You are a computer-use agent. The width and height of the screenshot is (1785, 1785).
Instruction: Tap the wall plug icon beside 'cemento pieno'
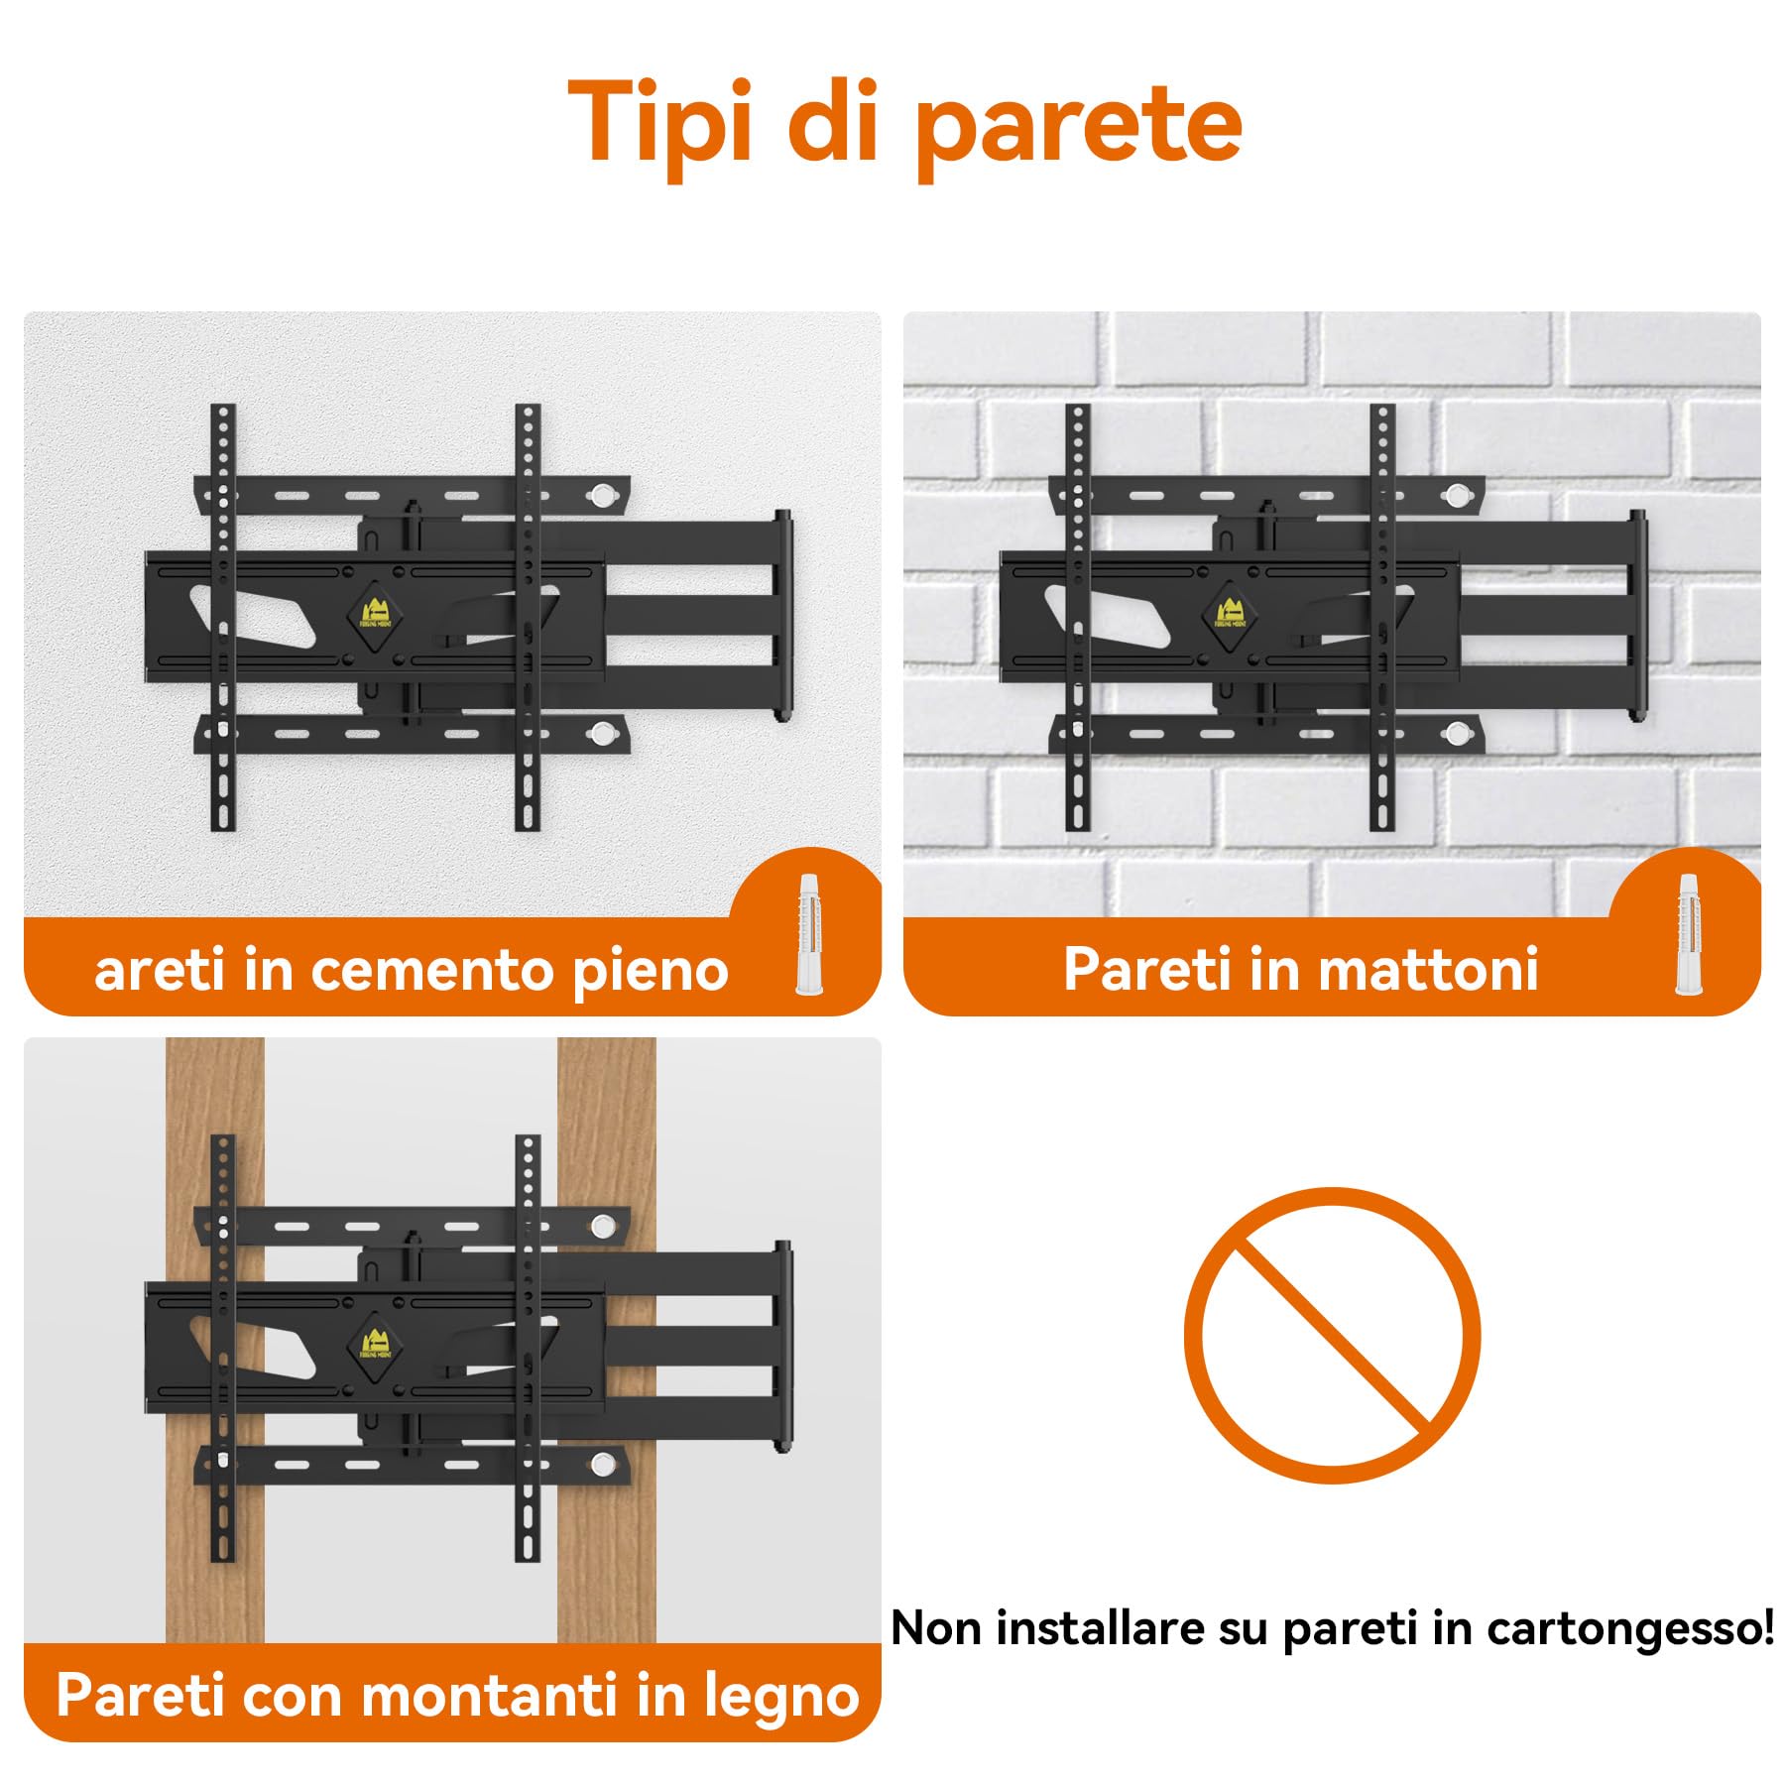point(809,935)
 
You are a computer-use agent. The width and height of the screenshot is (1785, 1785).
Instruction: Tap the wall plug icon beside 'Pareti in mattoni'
point(1688,935)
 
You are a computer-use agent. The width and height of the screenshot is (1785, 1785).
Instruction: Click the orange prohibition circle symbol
point(1332,1335)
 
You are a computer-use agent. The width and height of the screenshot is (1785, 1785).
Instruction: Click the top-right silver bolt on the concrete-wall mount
point(602,496)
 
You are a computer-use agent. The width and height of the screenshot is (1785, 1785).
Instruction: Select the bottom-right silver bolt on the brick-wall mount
point(1456,734)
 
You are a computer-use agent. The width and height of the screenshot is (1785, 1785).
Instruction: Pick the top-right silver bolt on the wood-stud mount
point(602,1227)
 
